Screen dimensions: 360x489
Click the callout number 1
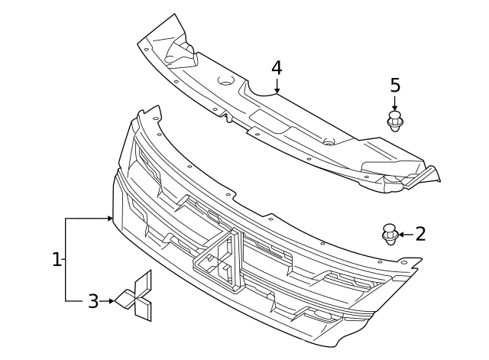tap(57, 260)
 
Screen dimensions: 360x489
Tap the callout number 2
tap(420, 234)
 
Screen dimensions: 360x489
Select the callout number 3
tap(93, 301)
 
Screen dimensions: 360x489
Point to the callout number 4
tap(277, 68)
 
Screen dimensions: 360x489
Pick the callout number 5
tap(395, 86)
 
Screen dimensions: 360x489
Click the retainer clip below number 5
tap(395, 121)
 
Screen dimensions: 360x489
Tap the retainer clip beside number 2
tap(390, 234)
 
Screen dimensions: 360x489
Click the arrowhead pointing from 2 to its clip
tap(401, 234)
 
